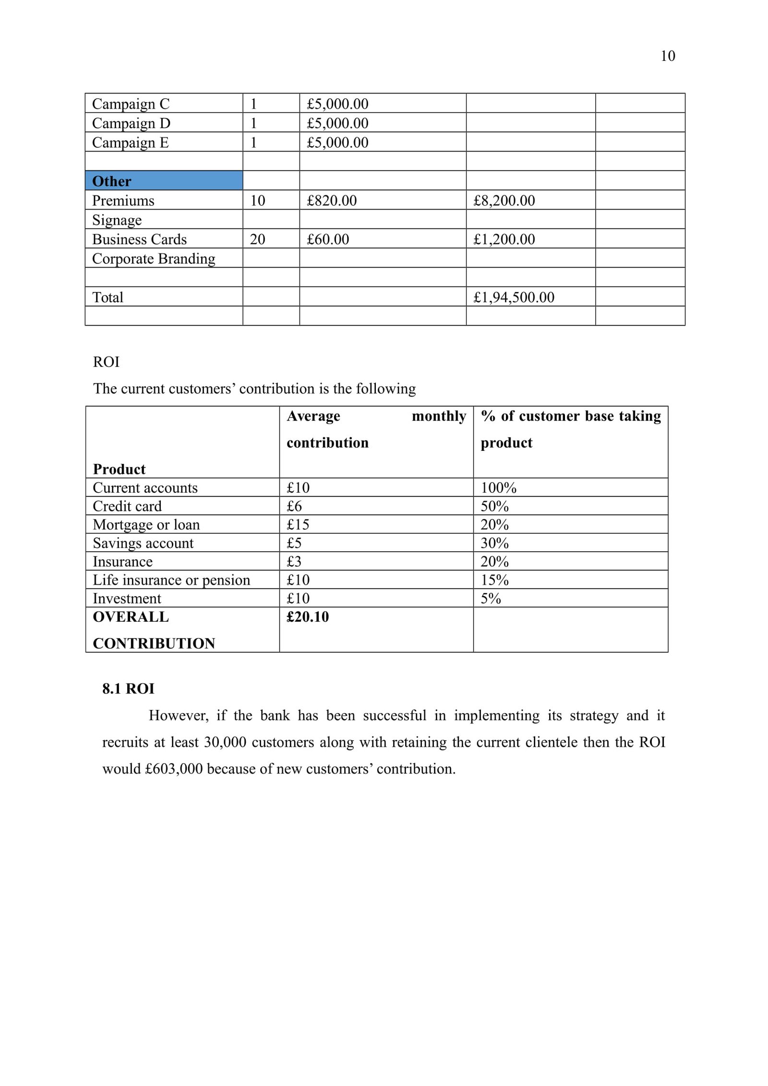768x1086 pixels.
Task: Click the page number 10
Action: (x=668, y=56)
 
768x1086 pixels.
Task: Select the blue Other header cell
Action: (x=164, y=181)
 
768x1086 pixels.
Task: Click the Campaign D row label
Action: (x=131, y=123)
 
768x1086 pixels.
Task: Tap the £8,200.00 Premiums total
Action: (x=504, y=201)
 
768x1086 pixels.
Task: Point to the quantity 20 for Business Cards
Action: (x=257, y=239)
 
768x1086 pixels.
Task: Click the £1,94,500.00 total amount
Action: (x=514, y=297)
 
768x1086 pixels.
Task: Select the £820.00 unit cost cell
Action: (x=332, y=201)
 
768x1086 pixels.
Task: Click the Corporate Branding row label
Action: (x=154, y=259)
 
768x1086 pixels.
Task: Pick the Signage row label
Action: (x=117, y=220)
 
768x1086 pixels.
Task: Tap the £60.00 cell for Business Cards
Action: (x=328, y=239)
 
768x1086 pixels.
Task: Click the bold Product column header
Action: (x=119, y=469)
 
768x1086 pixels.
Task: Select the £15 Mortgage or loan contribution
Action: (x=298, y=525)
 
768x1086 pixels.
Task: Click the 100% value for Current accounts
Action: (x=498, y=488)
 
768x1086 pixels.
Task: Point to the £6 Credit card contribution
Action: (x=294, y=506)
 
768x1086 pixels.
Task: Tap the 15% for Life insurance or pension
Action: (x=494, y=580)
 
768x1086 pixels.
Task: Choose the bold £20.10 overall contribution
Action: (x=308, y=617)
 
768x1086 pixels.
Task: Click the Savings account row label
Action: (x=143, y=543)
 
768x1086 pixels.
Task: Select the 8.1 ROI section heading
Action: (x=128, y=689)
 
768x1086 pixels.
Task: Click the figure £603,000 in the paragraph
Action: (x=174, y=769)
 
